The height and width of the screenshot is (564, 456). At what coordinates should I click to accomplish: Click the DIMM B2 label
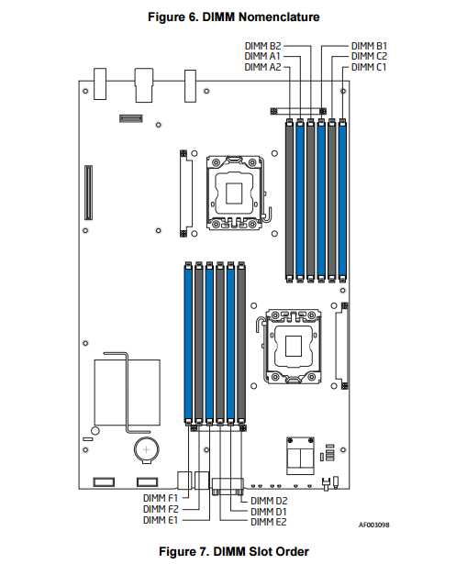pos(262,46)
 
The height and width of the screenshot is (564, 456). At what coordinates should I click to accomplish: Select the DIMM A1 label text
pos(262,56)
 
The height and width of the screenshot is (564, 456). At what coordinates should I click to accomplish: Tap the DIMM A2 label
pos(262,67)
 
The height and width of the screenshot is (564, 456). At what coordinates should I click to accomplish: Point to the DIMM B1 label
pos(369,46)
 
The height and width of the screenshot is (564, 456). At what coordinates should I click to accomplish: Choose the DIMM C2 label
pos(369,56)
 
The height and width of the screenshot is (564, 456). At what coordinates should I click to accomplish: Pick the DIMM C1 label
pos(369,67)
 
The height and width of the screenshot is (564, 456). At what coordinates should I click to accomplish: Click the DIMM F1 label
pos(161,498)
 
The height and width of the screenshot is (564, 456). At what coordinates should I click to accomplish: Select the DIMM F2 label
pos(161,509)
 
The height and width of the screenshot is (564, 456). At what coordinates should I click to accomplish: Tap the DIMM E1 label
pos(161,520)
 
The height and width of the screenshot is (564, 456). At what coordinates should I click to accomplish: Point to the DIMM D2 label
pos(269,501)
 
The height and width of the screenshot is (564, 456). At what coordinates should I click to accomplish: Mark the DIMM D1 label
pos(269,511)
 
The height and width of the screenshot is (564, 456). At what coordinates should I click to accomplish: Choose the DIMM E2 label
pos(269,522)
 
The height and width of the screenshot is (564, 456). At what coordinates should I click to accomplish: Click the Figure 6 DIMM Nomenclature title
pos(234,17)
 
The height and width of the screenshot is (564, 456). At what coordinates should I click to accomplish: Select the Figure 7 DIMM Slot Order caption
pos(234,551)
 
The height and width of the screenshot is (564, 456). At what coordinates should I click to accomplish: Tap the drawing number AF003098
pos(373,525)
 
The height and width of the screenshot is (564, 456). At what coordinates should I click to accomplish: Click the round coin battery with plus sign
pos(146,449)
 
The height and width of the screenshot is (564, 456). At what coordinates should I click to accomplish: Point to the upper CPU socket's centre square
pos(234,194)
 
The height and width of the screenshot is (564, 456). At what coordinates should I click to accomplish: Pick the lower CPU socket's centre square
pos(294,346)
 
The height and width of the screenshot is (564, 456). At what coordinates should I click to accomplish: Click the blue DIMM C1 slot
pos(342,201)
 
